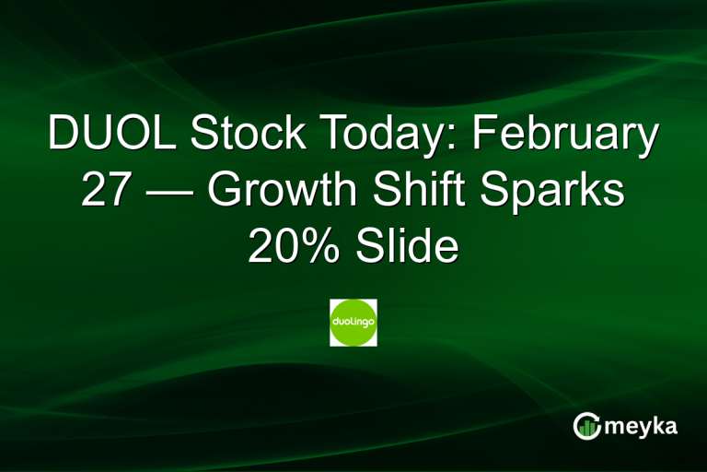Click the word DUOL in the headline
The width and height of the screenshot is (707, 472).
point(109,135)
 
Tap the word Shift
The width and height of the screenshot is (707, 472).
point(423,191)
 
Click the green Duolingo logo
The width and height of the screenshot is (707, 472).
point(353,323)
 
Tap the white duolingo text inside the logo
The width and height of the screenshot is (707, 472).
point(353,323)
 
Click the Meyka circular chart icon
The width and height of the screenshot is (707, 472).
point(586,425)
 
